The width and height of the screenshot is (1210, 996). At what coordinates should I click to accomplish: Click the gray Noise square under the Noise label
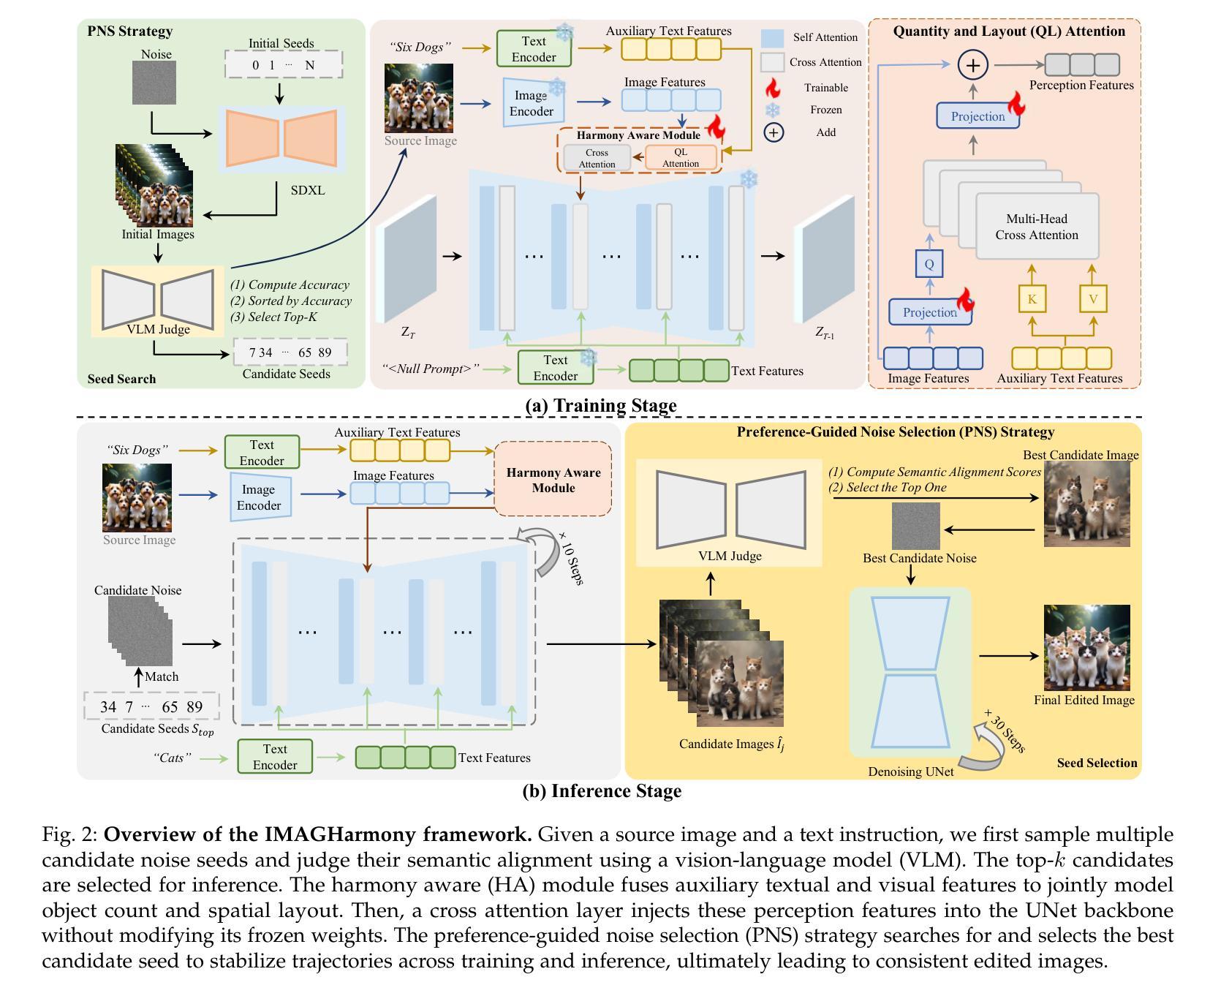pyautogui.click(x=154, y=83)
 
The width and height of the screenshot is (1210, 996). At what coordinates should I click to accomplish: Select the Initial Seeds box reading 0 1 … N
pyautogui.click(x=283, y=64)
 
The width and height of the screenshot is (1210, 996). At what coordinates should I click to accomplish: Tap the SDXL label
pyautogui.click(x=307, y=190)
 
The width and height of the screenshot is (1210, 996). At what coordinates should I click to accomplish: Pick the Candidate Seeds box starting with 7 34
pyautogui.click(x=290, y=352)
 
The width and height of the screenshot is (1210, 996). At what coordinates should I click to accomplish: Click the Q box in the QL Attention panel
pyautogui.click(x=929, y=264)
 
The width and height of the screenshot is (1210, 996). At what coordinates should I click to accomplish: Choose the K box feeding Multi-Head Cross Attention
pyautogui.click(x=1032, y=298)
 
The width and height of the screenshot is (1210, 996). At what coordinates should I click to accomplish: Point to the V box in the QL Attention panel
pyautogui.click(x=1093, y=298)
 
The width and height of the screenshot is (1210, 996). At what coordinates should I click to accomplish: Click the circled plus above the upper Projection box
pyautogui.click(x=973, y=65)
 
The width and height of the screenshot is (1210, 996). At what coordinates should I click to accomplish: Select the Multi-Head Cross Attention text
pyautogui.click(x=1037, y=227)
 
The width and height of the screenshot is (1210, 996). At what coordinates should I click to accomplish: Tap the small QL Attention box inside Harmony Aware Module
pyautogui.click(x=681, y=158)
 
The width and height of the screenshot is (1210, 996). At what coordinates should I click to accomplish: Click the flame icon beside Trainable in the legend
pyautogui.click(x=772, y=88)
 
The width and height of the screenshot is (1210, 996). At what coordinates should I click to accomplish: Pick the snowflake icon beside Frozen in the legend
pyautogui.click(x=772, y=110)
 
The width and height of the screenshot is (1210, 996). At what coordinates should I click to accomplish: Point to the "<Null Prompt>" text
pyautogui.click(x=431, y=369)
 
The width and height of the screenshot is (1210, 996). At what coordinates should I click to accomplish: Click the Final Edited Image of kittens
pyautogui.click(x=1086, y=648)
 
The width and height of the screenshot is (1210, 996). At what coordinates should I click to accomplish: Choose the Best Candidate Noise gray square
pyautogui.click(x=915, y=526)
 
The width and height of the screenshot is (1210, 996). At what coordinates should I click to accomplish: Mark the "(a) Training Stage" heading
pyautogui.click(x=601, y=405)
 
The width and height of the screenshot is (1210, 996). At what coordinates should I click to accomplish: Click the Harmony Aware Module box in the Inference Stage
pyautogui.click(x=553, y=480)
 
